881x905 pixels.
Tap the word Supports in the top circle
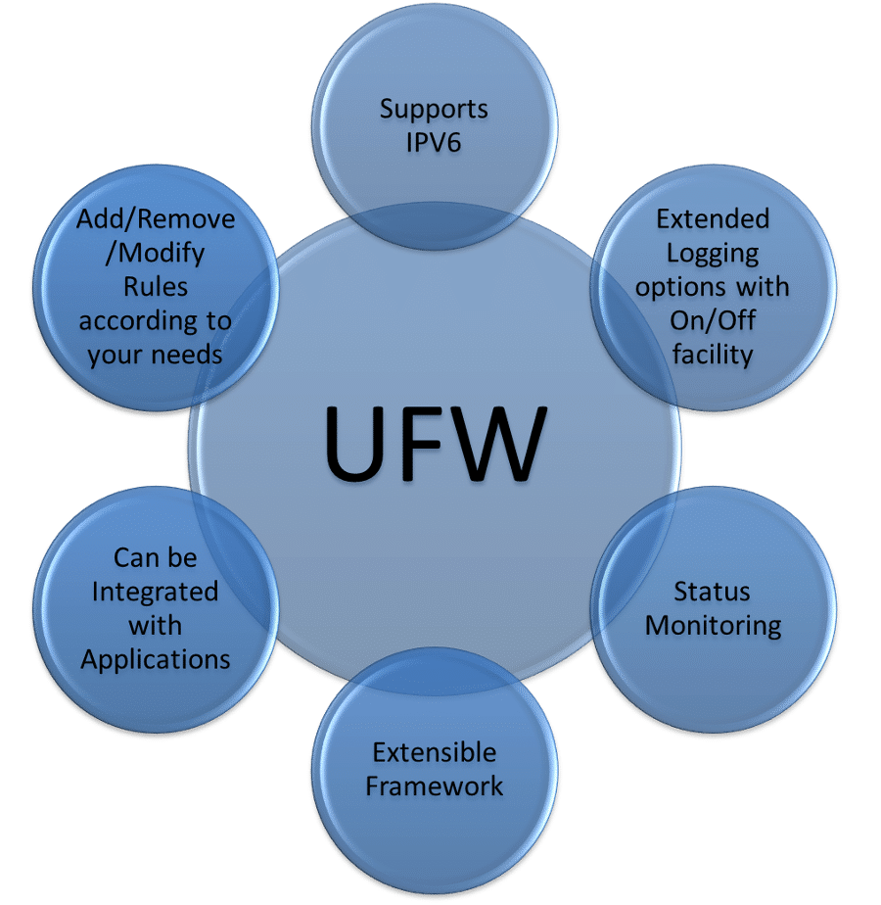(434, 108)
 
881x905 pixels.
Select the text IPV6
(434, 142)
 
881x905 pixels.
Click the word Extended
(713, 218)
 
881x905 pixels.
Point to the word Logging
(713, 254)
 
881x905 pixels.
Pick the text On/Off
(713, 320)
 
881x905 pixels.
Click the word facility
(713, 354)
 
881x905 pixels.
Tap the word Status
(712, 591)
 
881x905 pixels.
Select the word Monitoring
(713, 625)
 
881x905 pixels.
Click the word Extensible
(434, 752)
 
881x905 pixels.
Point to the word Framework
(434, 786)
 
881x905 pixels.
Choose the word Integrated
(155, 592)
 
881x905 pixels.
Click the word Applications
(155, 658)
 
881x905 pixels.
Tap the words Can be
(155, 557)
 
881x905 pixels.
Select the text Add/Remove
(156, 218)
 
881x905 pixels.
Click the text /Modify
(156, 253)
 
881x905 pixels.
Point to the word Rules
(156, 287)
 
